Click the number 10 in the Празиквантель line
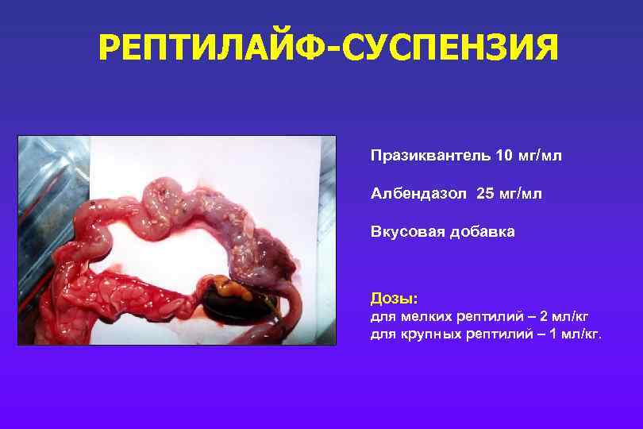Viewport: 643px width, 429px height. pos(503,155)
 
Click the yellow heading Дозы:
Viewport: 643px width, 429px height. pos(394,299)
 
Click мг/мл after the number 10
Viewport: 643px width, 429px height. pos(539,155)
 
